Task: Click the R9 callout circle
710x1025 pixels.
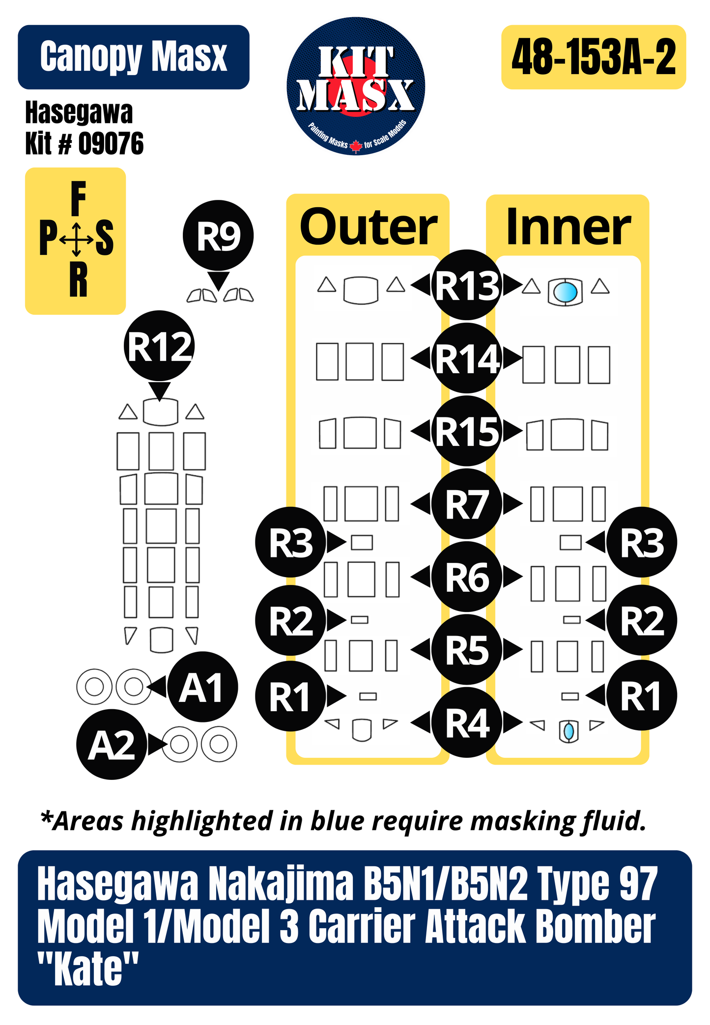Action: tap(218, 235)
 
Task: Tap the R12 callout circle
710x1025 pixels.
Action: tap(159, 346)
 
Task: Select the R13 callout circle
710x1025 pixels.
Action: tap(467, 285)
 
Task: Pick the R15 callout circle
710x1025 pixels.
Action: tap(467, 431)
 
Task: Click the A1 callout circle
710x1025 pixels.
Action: tap(202, 687)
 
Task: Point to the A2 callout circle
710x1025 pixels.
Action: tap(112, 745)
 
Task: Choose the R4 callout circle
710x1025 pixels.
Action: tap(467, 723)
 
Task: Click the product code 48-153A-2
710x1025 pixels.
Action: tap(594, 57)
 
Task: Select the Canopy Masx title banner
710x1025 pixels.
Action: tap(134, 57)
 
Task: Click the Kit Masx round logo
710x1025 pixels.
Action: tap(356, 86)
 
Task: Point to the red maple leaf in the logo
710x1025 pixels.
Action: tap(356, 145)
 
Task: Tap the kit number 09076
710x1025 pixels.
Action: tap(111, 143)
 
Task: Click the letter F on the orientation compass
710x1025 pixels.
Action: tap(78, 198)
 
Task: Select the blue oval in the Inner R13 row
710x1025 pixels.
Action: tap(565, 292)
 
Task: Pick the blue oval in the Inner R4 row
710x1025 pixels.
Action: tap(568, 731)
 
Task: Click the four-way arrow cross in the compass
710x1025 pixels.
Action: tap(76, 240)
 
